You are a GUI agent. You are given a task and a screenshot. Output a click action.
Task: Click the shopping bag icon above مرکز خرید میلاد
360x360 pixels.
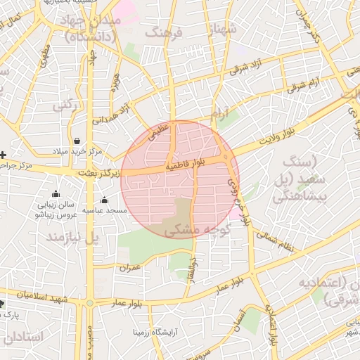click(x=76, y=141)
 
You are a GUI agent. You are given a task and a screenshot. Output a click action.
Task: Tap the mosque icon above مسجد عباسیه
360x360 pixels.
click(x=104, y=200)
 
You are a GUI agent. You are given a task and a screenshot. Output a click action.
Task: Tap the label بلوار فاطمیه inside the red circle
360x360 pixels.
click(x=186, y=165)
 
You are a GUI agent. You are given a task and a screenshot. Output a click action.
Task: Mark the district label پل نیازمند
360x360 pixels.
click(x=73, y=238)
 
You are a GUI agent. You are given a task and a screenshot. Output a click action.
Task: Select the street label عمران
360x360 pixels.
click(x=131, y=267)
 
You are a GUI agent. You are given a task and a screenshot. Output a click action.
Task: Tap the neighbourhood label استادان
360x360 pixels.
click(x=23, y=337)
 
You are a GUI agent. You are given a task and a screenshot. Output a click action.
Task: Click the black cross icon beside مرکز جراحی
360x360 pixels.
click(x=4, y=154)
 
